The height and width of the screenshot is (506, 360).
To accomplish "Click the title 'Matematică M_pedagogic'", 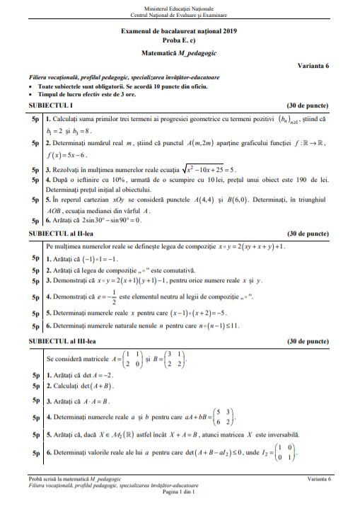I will tap(180, 52).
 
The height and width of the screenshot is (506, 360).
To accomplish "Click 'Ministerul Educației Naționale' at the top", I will tap(180, 6).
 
